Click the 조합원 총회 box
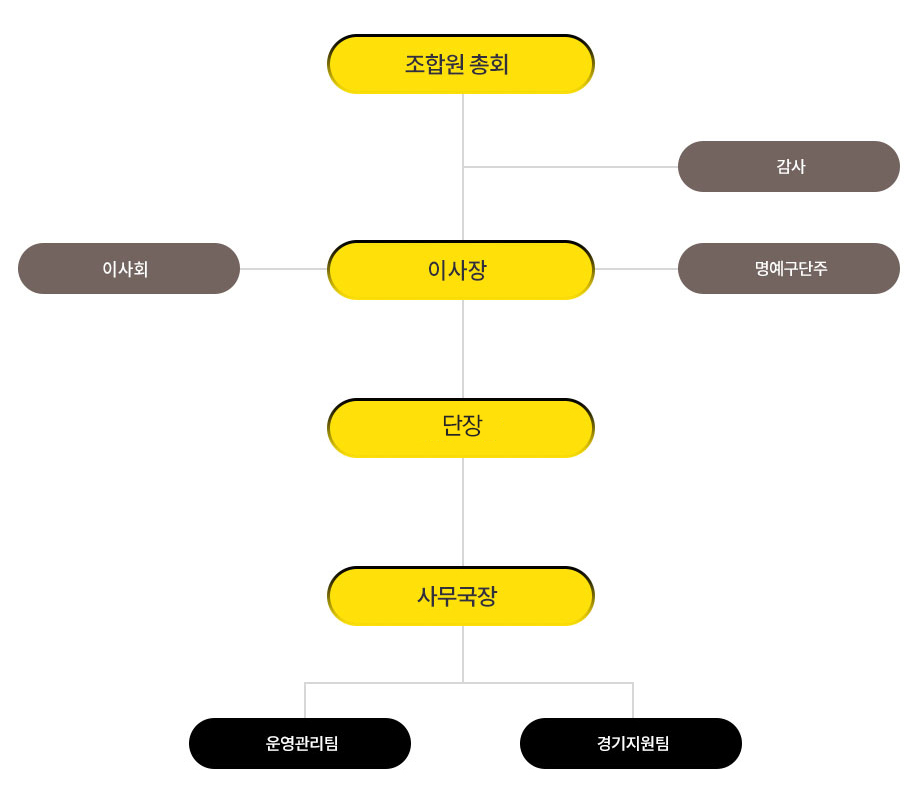pyautogui.click(x=461, y=64)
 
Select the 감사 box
pyautogui.click(x=789, y=166)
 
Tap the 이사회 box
pyautogui.click(x=129, y=268)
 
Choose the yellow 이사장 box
pyautogui.click(x=461, y=270)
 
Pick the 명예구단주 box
pyautogui.click(x=789, y=268)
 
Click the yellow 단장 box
pyautogui.click(x=461, y=428)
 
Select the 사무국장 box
pyautogui.click(x=461, y=596)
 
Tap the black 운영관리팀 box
pyautogui.click(x=300, y=743)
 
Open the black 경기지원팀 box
pyautogui.click(x=631, y=743)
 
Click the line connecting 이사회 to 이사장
pyautogui.click(x=284, y=268)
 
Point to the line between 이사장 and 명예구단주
pyautogui.click(x=636, y=268)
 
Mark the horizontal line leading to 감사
pyautogui.click(x=570, y=167)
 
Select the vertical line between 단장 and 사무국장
pyautogui.click(x=463, y=512)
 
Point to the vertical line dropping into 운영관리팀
pyautogui.click(x=305, y=700)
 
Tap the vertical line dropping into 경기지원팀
pyautogui.click(x=633, y=700)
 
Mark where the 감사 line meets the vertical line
pyautogui.click(x=463, y=167)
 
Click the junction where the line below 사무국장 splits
pyautogui.click(x=463, y=683)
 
